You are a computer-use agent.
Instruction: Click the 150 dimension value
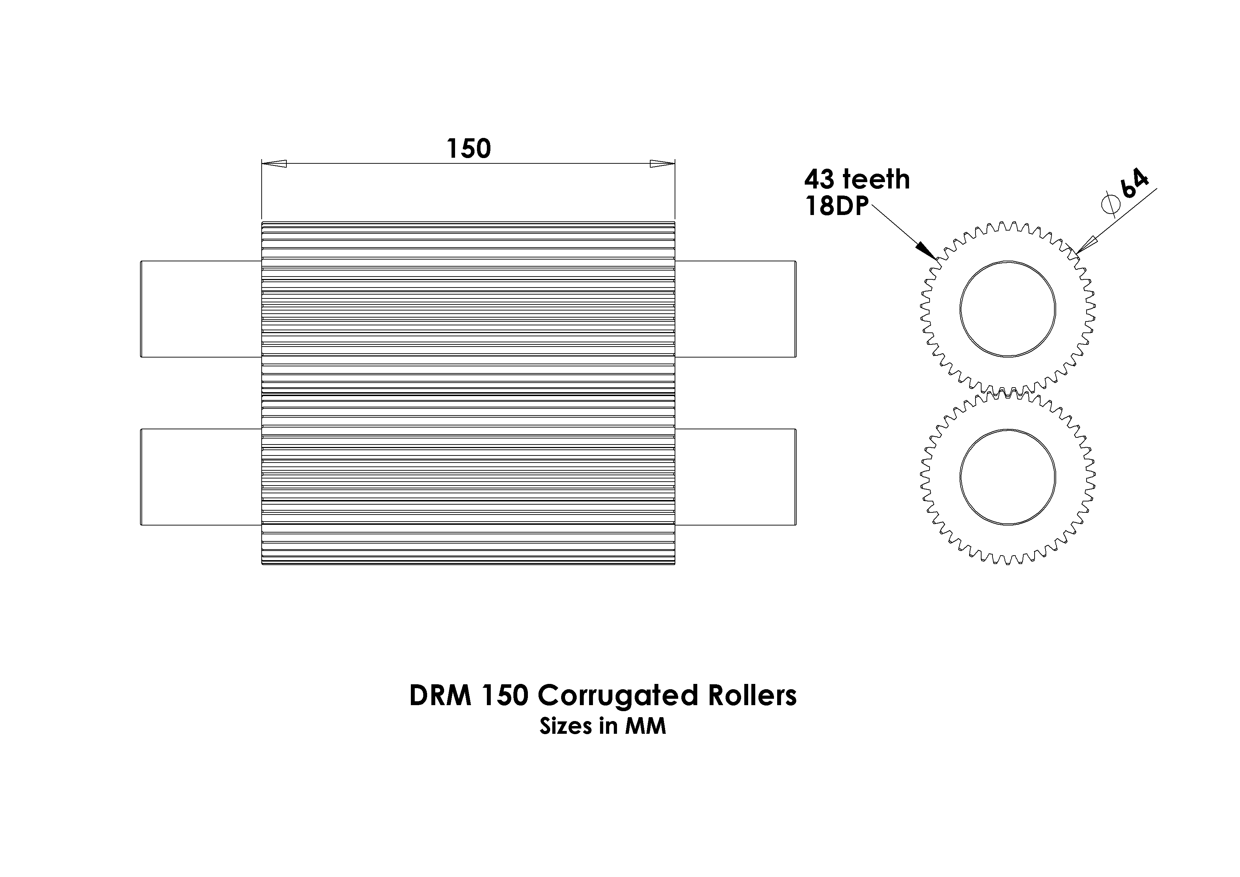(x=469, y=149)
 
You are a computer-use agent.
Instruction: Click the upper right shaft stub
(x=735, y=309)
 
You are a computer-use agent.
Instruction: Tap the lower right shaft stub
(x=735, y=477)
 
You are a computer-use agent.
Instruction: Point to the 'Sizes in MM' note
(x=603, y=726)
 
